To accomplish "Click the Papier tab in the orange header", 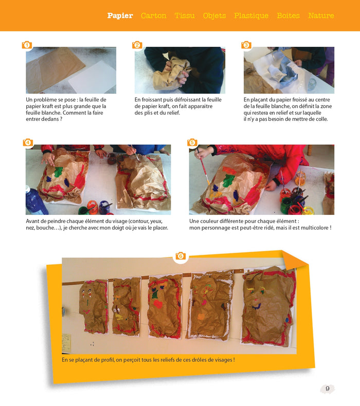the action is coord(120,15).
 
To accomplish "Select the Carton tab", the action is coord(154,15).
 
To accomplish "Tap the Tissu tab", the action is coord(185,15).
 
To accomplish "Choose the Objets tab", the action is coord(214,16).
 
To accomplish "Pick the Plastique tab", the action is coord(251,16).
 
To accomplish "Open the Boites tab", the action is coord(288,15).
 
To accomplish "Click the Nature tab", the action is coord(321,15).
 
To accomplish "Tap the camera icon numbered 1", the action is coord(27,45).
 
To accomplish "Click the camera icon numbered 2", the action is coord(137,45).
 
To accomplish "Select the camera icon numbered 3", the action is coord(246,45).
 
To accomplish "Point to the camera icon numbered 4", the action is coord(28,142).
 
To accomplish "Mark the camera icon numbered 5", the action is coord(192,142).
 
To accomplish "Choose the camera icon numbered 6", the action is coord(181,256).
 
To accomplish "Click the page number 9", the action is coord(328,389).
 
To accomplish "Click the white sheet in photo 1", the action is coord(93,78).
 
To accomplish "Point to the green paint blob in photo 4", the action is coord(58,172).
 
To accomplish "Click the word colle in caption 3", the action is coord(321,119).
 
